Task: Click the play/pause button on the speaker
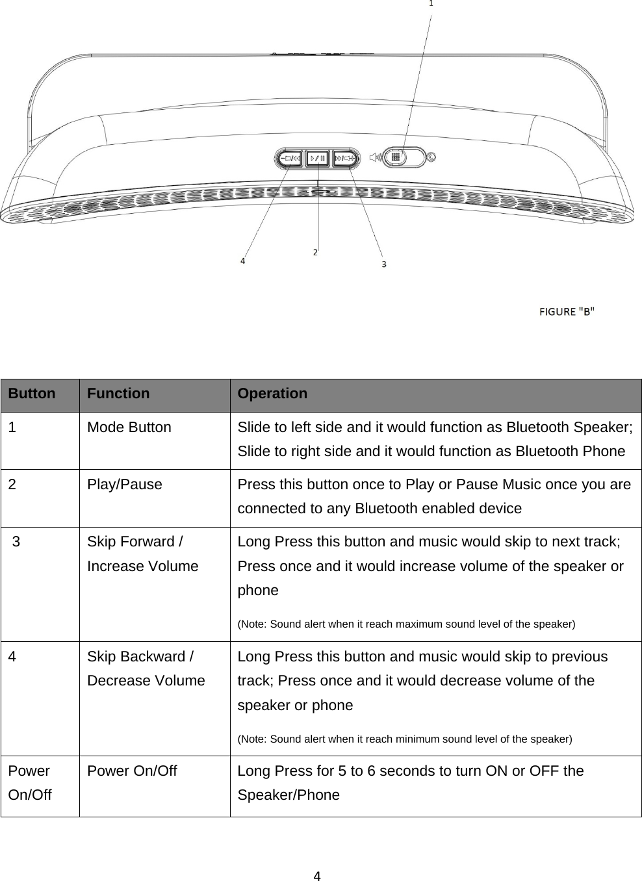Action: pos(318,158)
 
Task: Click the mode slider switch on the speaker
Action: pos(395,157)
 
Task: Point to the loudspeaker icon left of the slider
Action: pos(374,157)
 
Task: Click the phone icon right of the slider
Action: pos(431,156)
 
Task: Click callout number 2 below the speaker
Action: pos(315,251)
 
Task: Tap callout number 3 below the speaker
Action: pos(383,264)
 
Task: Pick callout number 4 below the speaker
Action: pos(243,261)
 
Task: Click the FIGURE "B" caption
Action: pos(567,311)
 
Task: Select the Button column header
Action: pos(32,394)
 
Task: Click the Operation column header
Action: pos(272,394)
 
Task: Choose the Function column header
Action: pos(118,394)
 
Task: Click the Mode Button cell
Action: pos(129,428)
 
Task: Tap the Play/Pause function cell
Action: pos(125,485)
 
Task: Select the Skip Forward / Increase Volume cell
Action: pos(142,554)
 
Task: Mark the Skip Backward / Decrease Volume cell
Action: pos(146,669)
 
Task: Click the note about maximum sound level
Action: pos(406,624)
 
